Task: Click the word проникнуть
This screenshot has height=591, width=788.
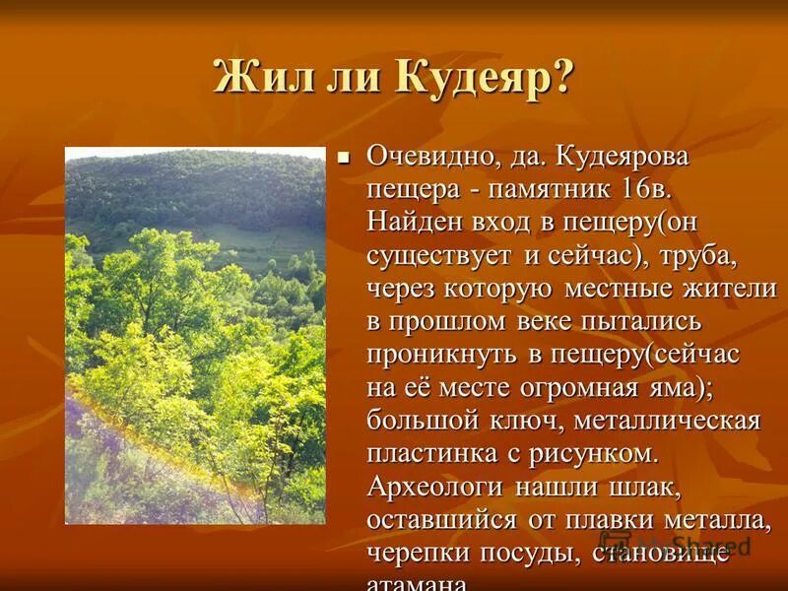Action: pyautogui.click(x=442, y=355)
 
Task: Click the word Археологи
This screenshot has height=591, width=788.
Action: pyautogui.click(x=436, y=488)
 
